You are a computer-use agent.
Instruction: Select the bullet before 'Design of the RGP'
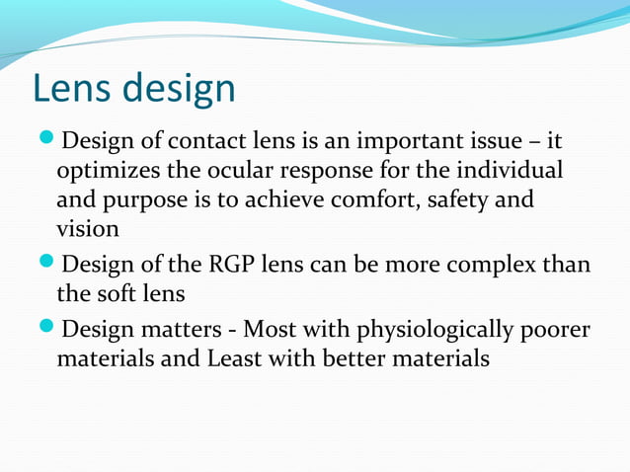(x=46, y=264)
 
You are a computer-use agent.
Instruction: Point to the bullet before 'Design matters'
(x=46, y=328)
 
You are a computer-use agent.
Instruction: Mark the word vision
(x=88, y=229)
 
